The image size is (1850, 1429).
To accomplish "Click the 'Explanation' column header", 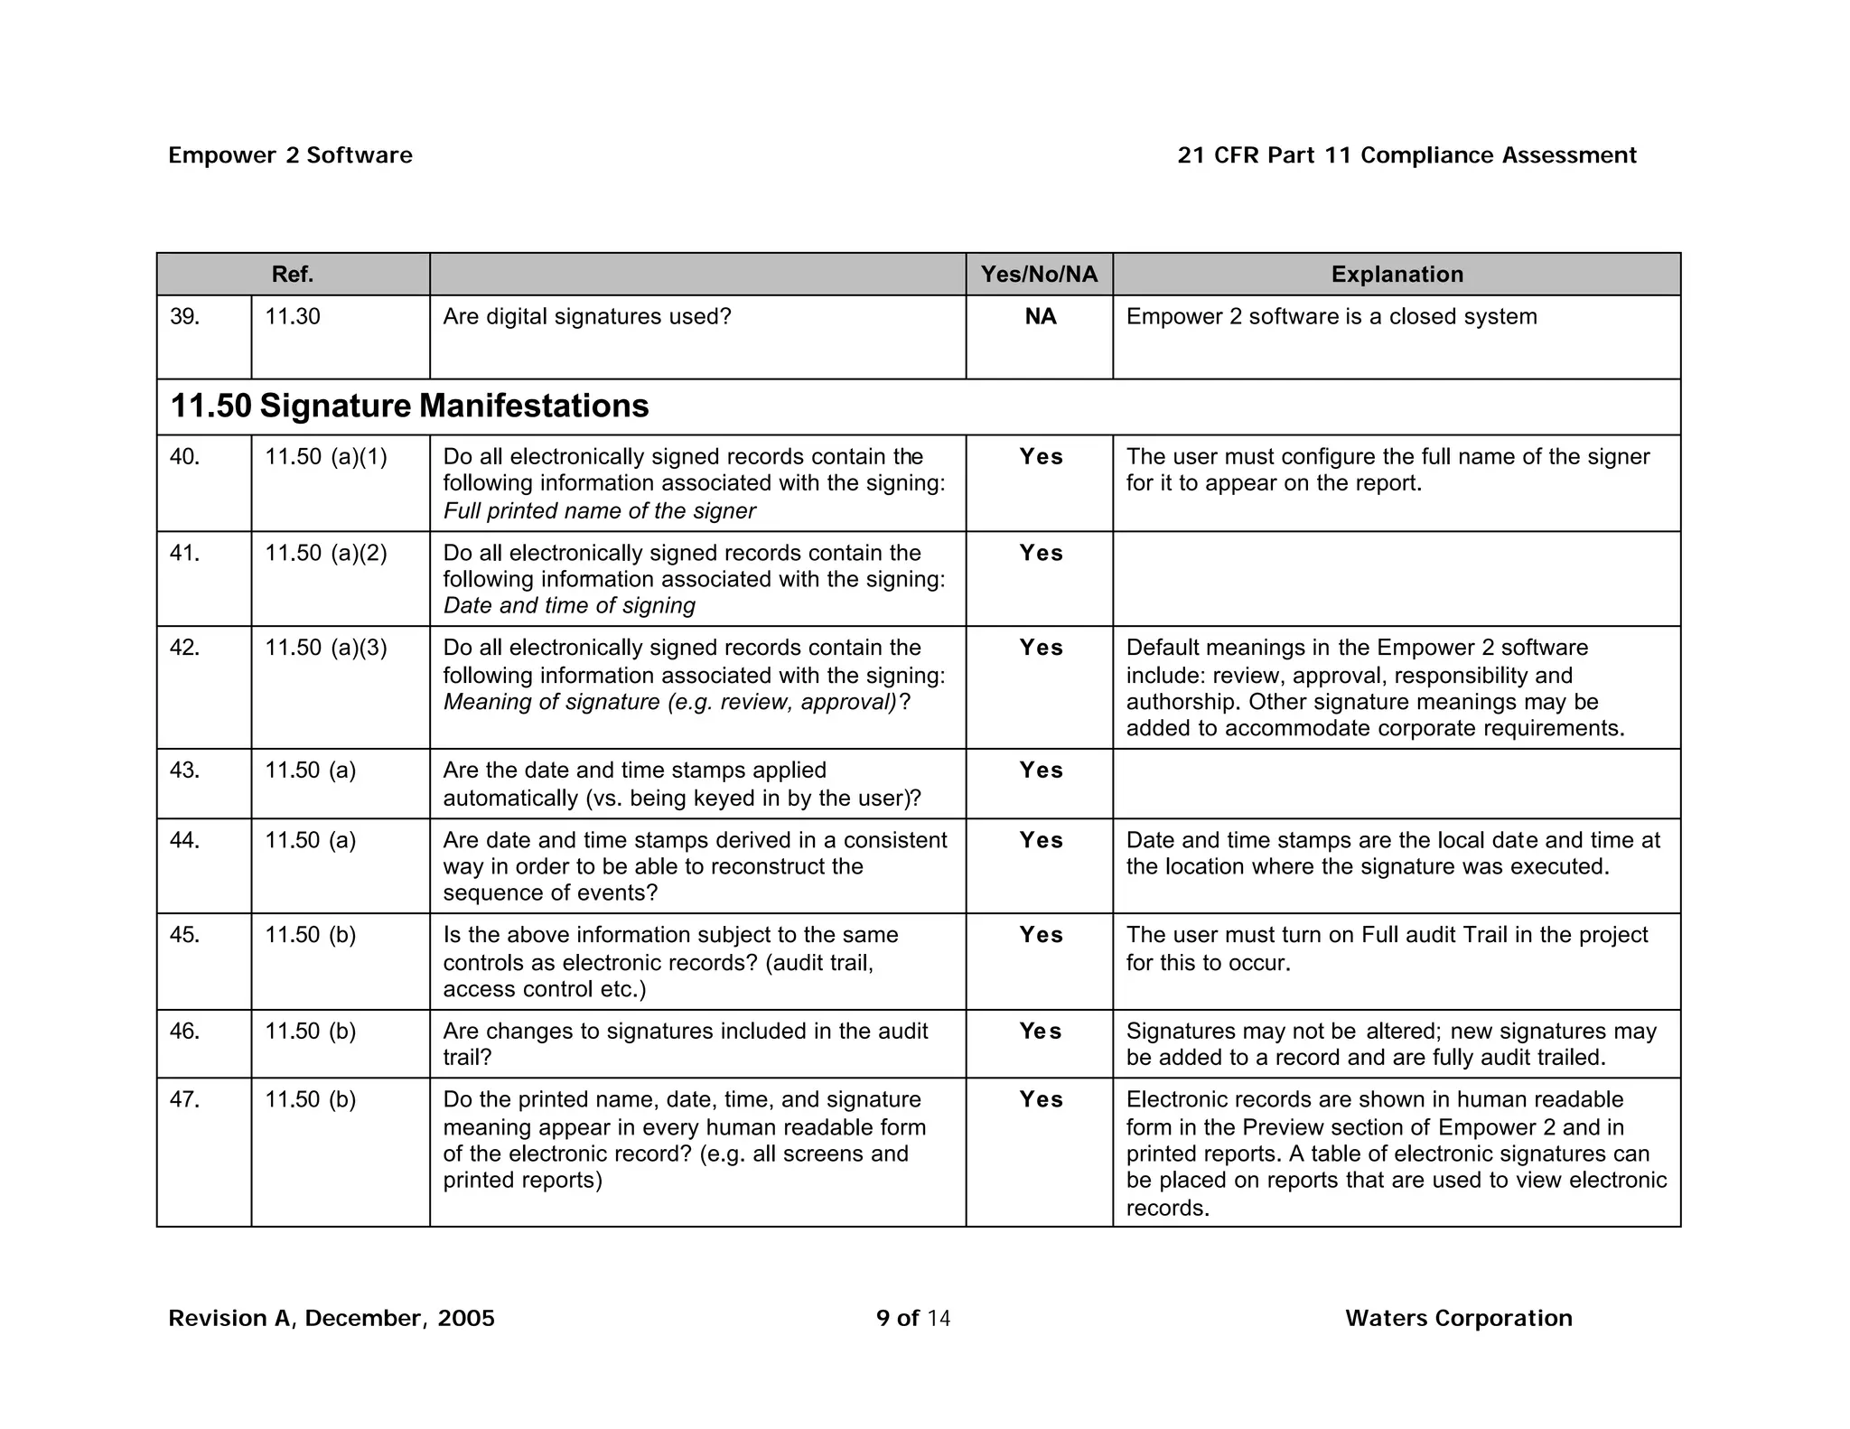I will (x=1397, y=275).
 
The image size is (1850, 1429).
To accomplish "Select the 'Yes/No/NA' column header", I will (x=1039, y=275).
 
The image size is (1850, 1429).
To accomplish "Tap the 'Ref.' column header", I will (x=293, y=275).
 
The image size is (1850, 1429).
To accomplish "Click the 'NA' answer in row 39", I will (x=1040, y=317).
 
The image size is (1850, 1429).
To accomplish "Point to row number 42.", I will (x=184, y=648).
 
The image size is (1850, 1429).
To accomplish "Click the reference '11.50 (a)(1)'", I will (x=325, y=457).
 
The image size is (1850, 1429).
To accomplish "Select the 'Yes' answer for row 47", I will (x=1041, y=1099).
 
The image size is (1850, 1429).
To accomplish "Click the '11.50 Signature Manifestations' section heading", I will (x=409, y=406).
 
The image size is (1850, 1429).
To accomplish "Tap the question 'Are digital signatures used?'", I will (x=586, y=317).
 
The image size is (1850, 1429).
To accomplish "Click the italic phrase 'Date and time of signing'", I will (x=569, y=605).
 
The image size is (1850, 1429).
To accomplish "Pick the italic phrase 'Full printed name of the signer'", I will (x=599, y=511).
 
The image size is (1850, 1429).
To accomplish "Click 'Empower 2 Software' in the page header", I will (x=290, y=155).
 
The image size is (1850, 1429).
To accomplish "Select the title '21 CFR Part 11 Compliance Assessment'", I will (x=1406, y=155).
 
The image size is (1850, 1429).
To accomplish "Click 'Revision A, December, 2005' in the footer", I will (x=332, y=1318).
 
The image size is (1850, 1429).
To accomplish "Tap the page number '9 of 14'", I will (x=912, y=1318).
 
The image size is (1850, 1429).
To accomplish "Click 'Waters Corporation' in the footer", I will (x=1458, y=1318).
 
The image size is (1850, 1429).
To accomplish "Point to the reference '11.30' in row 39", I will (x=292, y=317).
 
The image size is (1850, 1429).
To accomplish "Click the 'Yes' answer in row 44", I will (x=1041, y=840).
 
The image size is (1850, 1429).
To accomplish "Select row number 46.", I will (x=184, y=1032).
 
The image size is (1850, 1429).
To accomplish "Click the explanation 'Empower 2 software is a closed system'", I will (x=1331, y=317).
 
